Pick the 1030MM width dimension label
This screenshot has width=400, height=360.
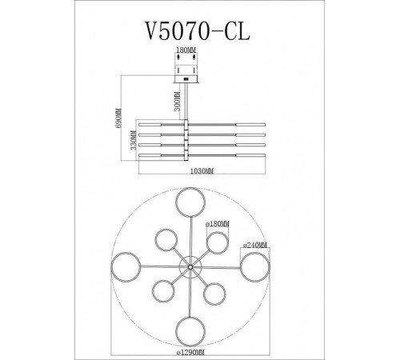(x=200, y=171)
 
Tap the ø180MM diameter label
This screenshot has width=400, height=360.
(x=218, y=225)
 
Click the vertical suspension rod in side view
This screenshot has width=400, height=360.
(x=190, y=101)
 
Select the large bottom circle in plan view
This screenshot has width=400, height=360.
(x=190, y=329)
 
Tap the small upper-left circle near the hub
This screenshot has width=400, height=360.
(x=166, y=239)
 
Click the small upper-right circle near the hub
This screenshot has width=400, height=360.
(x=215, y=242)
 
